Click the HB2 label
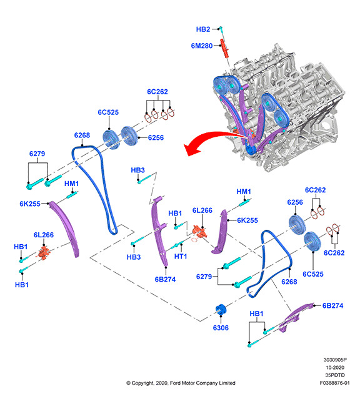[203, 29]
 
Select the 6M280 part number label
[202, 46]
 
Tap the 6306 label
[221, 328]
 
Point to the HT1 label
[181, 256]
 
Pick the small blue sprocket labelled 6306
[221, 310]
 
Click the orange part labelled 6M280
[224, 48]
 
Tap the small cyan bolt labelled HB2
[221, 29]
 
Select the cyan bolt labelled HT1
[177, 245]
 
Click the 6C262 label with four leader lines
[157, 92]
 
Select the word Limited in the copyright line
[227, 383]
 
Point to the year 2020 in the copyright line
[162, 383]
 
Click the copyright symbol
[129, 383]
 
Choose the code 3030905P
[335, 360]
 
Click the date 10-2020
[335, 368]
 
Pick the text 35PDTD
[335, 375]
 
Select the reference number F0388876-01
[335, 383]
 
